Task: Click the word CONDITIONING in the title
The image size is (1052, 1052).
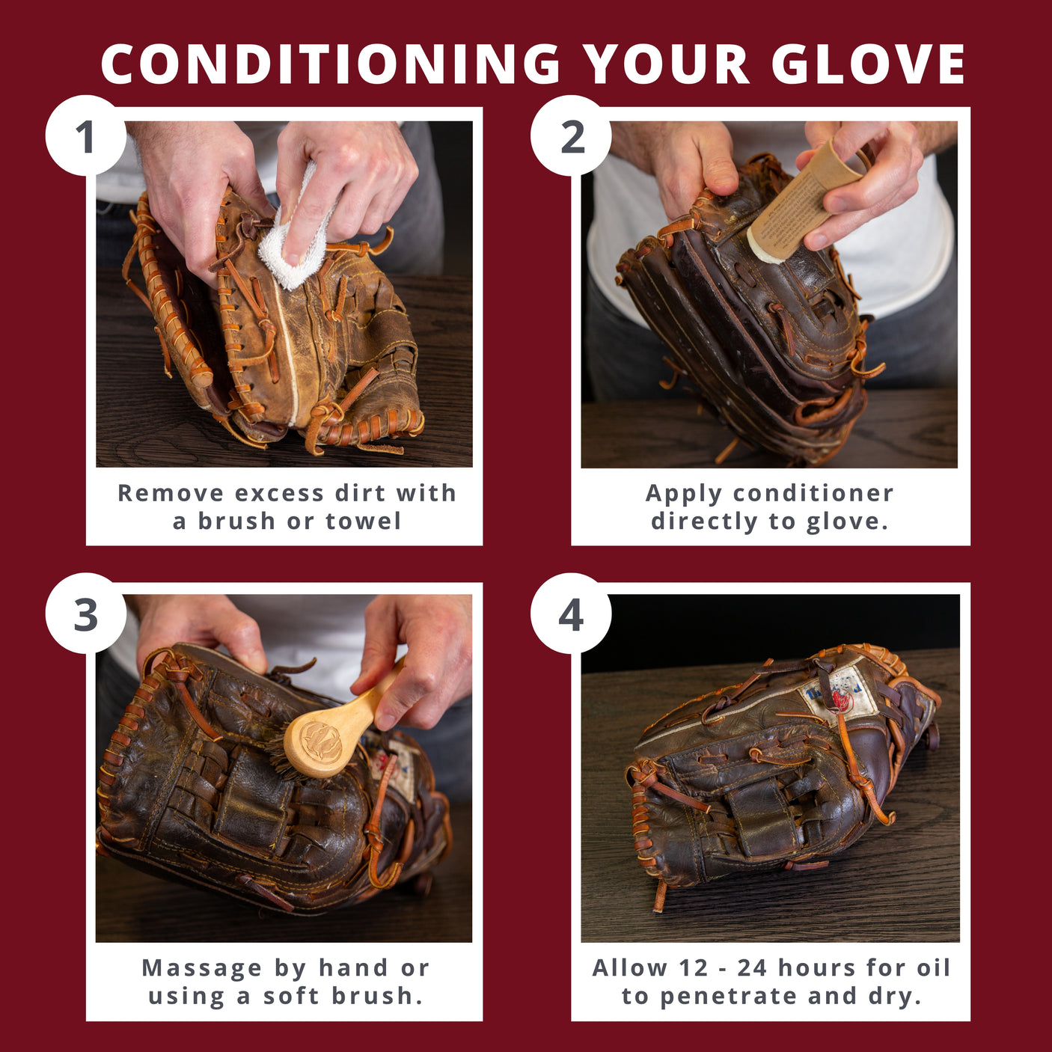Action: (x=330, y=64)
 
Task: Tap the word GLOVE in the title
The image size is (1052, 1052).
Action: (x=868, y=64)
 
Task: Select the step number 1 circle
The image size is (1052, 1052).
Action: (x=85, y=136)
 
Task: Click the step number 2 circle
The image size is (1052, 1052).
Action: (x=572, y=136)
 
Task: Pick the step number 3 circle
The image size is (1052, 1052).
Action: (x=85, y=614)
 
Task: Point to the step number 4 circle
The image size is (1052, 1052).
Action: (x=571, y=614)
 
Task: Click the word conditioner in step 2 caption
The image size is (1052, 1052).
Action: (x=813, y=493)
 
